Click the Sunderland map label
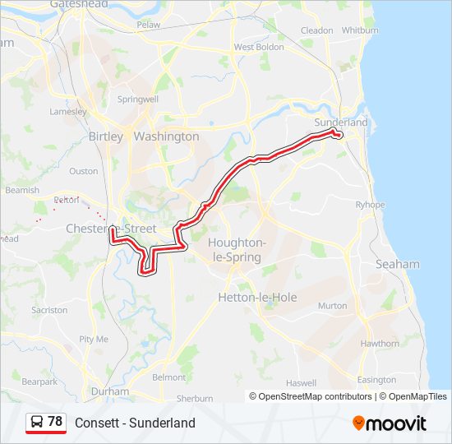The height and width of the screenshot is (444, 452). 341,122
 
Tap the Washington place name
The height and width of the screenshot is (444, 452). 166,136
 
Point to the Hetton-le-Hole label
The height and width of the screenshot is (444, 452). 257,297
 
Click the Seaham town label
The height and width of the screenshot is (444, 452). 397,264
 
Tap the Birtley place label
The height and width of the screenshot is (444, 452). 105,136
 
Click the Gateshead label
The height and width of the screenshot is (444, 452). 79,4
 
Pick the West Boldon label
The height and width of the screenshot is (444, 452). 259,47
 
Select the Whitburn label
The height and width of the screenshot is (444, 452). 360,30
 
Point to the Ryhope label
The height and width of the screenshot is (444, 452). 369,205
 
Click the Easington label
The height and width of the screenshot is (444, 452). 376,380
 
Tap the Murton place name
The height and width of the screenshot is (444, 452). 332,306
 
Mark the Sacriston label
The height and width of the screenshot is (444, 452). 49,310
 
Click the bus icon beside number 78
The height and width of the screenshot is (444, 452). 37,422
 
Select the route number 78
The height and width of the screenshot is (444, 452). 55,422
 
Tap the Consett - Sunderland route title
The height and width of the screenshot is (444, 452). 135,423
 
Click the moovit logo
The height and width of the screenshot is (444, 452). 390,423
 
